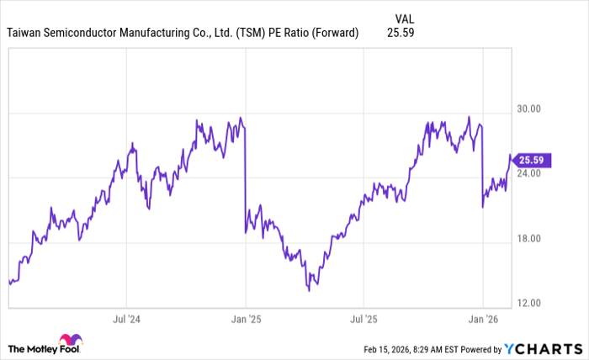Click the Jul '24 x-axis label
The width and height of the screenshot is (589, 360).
click(126, 320)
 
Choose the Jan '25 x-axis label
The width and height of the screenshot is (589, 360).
click(245, 320)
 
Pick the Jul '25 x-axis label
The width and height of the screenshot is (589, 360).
click(363, 320)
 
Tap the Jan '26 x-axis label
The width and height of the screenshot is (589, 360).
click(482, 320)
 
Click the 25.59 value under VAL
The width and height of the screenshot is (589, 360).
click(401, 33)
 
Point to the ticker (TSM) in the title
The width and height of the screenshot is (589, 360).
click(249, 33)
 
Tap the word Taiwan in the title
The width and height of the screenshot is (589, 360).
click(26, 33)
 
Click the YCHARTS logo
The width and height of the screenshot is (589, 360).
click(542, 348)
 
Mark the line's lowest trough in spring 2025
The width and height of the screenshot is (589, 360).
click(309, 290)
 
